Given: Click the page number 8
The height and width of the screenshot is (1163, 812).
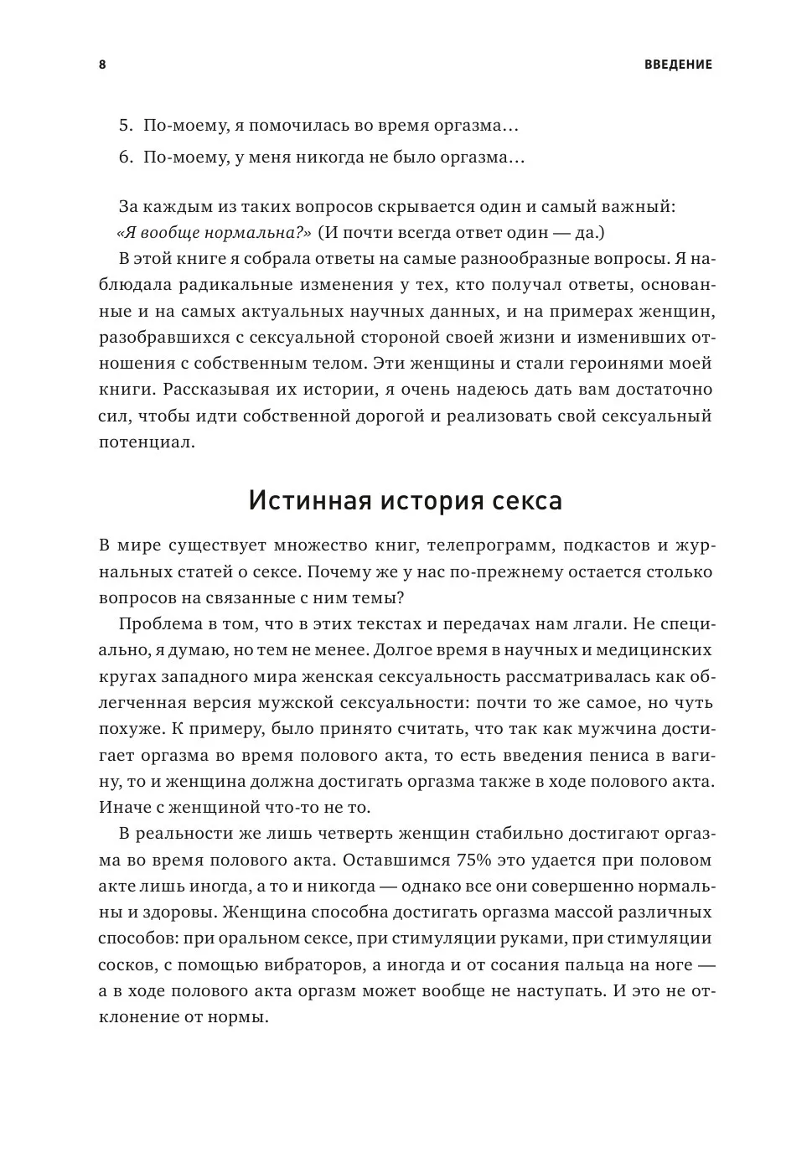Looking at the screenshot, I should (x=102, y=65).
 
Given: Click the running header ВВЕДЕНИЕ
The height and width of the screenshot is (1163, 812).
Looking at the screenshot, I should (x=679, y=65).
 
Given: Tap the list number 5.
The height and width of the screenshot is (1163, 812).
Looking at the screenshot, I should (x=126, y=127).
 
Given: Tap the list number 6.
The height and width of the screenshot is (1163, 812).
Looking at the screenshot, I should (x=126, y=158).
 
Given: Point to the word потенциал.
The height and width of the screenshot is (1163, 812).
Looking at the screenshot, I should (x=147, y=442).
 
